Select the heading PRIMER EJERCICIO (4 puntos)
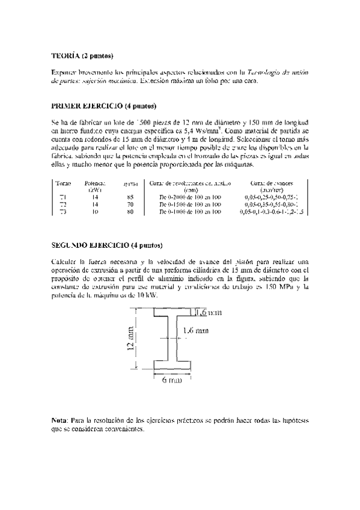tap(104, 105)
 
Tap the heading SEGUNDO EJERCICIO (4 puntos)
tap(107, 245)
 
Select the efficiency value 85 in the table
tap(130, 197)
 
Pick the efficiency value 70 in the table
tap(130, 204)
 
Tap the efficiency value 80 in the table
tap(130, 212)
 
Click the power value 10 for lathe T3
tap(95, 212)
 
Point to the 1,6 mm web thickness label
tap(212, 330)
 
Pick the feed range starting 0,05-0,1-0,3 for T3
tap(271, 212)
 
